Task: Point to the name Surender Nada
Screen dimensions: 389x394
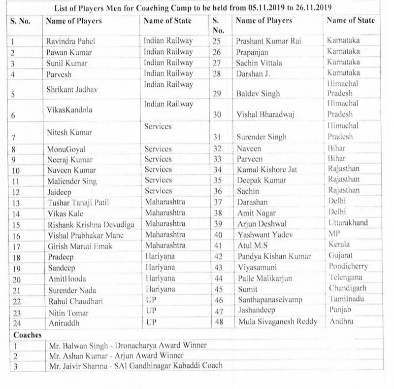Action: pyautogui.click(x=69, y=290)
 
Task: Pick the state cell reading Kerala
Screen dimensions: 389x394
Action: pyautogui.click(x=338, y=244)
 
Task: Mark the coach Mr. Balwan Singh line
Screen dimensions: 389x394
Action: pyautogui.click(x=127, y=346)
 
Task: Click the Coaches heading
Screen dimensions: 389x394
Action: pyautogui.click(x=27, y=335)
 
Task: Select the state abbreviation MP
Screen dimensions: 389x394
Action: pyautogui.click(x=333, y=234)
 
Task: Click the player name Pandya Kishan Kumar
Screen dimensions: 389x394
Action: pyautogui.click(x=273, y=257)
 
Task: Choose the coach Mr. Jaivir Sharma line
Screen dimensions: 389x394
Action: pyautogui.click(x=134, y=366)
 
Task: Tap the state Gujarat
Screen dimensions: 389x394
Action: pyautogui.click(x=340, y=255)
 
